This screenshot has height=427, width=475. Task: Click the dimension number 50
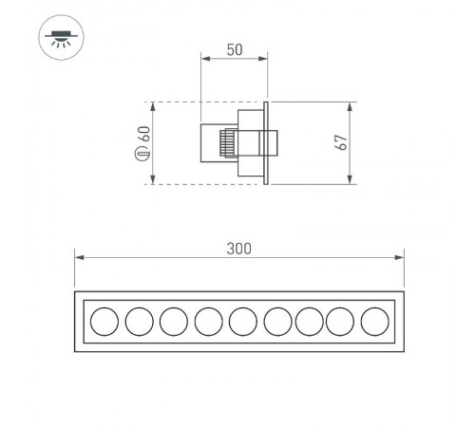[234, 47]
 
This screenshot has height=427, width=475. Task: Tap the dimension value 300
[239, 249]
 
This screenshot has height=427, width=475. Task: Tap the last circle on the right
[375, 322]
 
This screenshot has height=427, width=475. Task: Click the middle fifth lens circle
[241, 322]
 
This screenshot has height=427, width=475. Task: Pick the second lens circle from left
[139, 322]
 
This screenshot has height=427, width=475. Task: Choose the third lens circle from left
[173, 322]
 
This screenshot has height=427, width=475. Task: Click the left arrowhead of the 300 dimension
[79, 256]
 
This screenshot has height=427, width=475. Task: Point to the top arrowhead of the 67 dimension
[351, 106]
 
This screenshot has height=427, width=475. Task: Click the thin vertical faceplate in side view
[268, 142]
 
